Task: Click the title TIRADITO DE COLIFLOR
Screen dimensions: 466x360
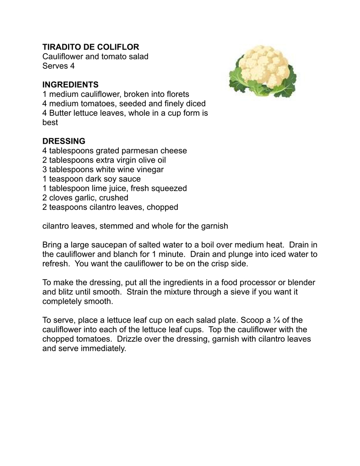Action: click(90, 47)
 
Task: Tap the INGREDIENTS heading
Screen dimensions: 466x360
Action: click(70, 85)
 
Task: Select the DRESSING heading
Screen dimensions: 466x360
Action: click(63, 141)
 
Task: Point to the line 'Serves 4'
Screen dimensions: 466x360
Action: click(58, 66)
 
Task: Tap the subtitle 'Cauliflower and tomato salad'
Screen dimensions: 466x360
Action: click(95, 57)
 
